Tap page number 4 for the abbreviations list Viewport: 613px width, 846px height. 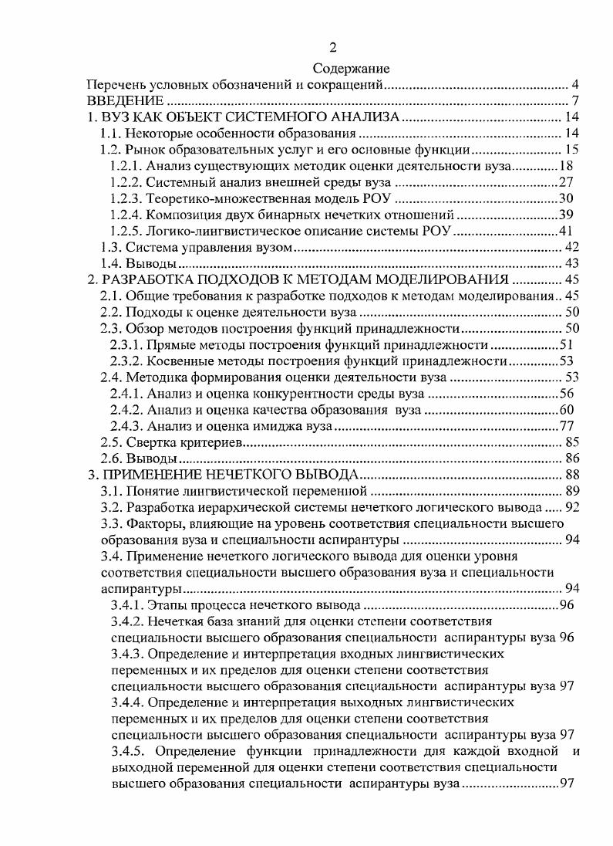pos(575,84)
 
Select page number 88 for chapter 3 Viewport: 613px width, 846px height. pos(571,474)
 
